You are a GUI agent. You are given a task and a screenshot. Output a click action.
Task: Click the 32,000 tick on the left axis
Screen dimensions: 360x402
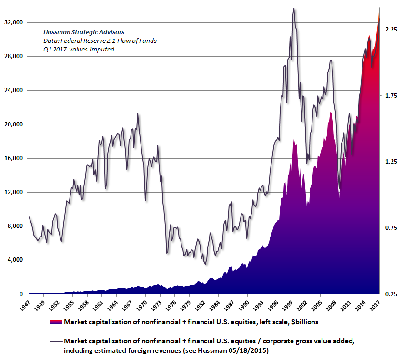click(15, 22)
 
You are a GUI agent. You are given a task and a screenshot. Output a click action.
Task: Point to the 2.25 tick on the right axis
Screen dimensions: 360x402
click(391, 30)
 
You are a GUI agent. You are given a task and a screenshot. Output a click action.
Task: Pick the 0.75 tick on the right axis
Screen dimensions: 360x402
click(391, 228)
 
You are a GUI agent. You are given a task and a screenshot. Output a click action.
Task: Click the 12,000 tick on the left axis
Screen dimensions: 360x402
click(15, 192)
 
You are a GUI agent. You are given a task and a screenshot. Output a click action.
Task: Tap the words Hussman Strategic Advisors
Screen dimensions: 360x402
click(77, 32)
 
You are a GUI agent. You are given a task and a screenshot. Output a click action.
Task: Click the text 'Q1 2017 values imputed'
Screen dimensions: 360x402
click(78, 49)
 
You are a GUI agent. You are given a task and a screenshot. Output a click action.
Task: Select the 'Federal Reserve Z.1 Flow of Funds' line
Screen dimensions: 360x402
click(100, 41)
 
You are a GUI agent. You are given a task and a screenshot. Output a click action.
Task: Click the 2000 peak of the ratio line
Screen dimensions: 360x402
click(293, 8)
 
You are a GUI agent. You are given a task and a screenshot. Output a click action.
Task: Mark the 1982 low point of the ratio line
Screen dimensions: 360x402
click(205, 264)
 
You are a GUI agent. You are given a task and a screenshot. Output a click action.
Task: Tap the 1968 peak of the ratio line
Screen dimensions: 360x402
click(138, 113)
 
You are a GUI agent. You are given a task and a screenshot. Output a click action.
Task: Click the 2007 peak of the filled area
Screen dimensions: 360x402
click(330, 113)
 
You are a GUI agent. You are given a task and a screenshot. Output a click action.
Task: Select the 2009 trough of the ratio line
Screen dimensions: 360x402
click(339, 189)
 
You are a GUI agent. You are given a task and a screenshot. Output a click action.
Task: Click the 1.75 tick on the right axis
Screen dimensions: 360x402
click(391, 96)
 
